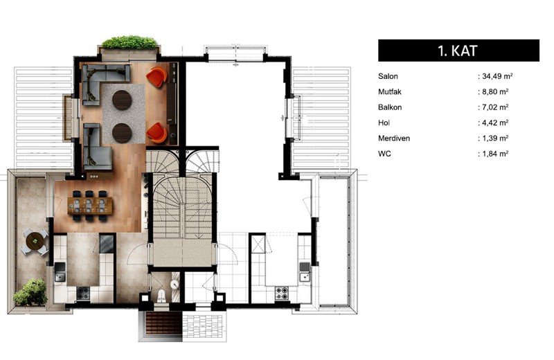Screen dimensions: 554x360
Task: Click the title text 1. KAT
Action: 458,51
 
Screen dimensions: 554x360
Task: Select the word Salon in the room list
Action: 388,76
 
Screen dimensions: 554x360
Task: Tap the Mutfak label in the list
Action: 390,92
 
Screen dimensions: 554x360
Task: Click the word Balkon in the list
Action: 390,107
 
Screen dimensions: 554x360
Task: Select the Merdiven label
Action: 394,138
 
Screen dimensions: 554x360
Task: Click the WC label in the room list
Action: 384,154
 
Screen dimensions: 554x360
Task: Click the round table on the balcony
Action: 35,242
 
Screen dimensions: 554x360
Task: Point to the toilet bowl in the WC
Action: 161,296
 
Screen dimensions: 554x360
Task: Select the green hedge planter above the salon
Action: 129,42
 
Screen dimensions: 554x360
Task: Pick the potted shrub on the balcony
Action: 31,292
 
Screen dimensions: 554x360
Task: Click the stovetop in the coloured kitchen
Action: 83,293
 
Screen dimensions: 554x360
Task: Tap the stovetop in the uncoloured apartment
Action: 282,293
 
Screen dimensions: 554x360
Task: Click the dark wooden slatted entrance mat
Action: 163,323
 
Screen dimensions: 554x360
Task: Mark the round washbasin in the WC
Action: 175,285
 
